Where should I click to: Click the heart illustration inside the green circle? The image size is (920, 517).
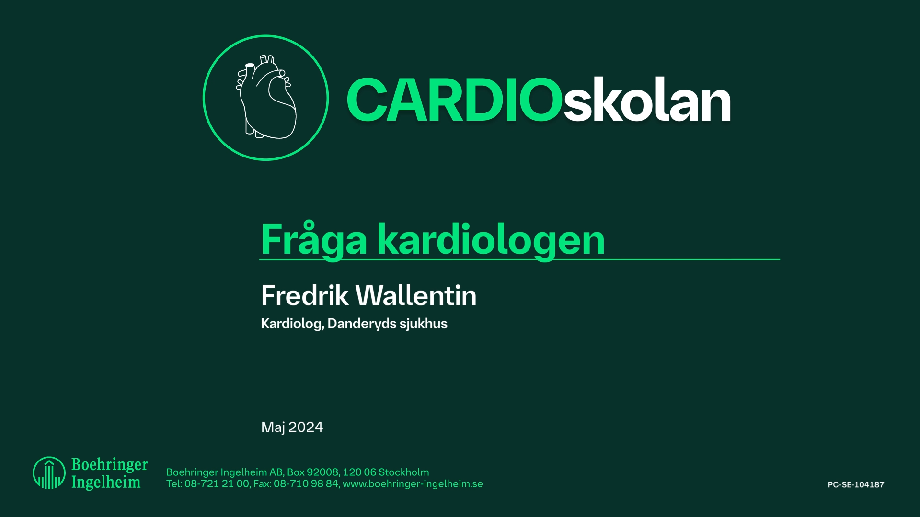(x=266, y=98)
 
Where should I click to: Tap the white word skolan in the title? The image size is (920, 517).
(x=647, y=101)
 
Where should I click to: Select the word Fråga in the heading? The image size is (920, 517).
(x=314, y=239)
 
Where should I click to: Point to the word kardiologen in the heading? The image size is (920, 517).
(x=491, y=239)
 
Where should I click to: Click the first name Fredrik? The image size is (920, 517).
(x=305, y=295)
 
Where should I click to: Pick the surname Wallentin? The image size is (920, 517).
(x=417, y=295)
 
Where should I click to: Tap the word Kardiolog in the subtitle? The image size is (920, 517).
(x=291, y=324)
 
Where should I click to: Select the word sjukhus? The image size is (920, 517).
(x=424, y=324)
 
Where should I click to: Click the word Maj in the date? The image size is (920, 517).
(x=273, y=427)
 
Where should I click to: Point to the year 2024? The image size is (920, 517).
(x=306, y=427)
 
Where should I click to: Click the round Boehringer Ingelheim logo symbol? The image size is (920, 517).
(x=49, y=473)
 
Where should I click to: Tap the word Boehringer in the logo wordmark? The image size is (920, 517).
(x=109, y=464)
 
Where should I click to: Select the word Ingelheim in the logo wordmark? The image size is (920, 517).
(x=106, y=482)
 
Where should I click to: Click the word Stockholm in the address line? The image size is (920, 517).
(x=404, y=472)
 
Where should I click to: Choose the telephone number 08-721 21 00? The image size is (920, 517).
(x=217, y=484)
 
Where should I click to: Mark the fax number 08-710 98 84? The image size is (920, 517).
(x=306, y=484)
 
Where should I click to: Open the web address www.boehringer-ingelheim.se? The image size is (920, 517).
(x=413, y=484)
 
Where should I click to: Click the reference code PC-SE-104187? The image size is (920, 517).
(x=856, y=484)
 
